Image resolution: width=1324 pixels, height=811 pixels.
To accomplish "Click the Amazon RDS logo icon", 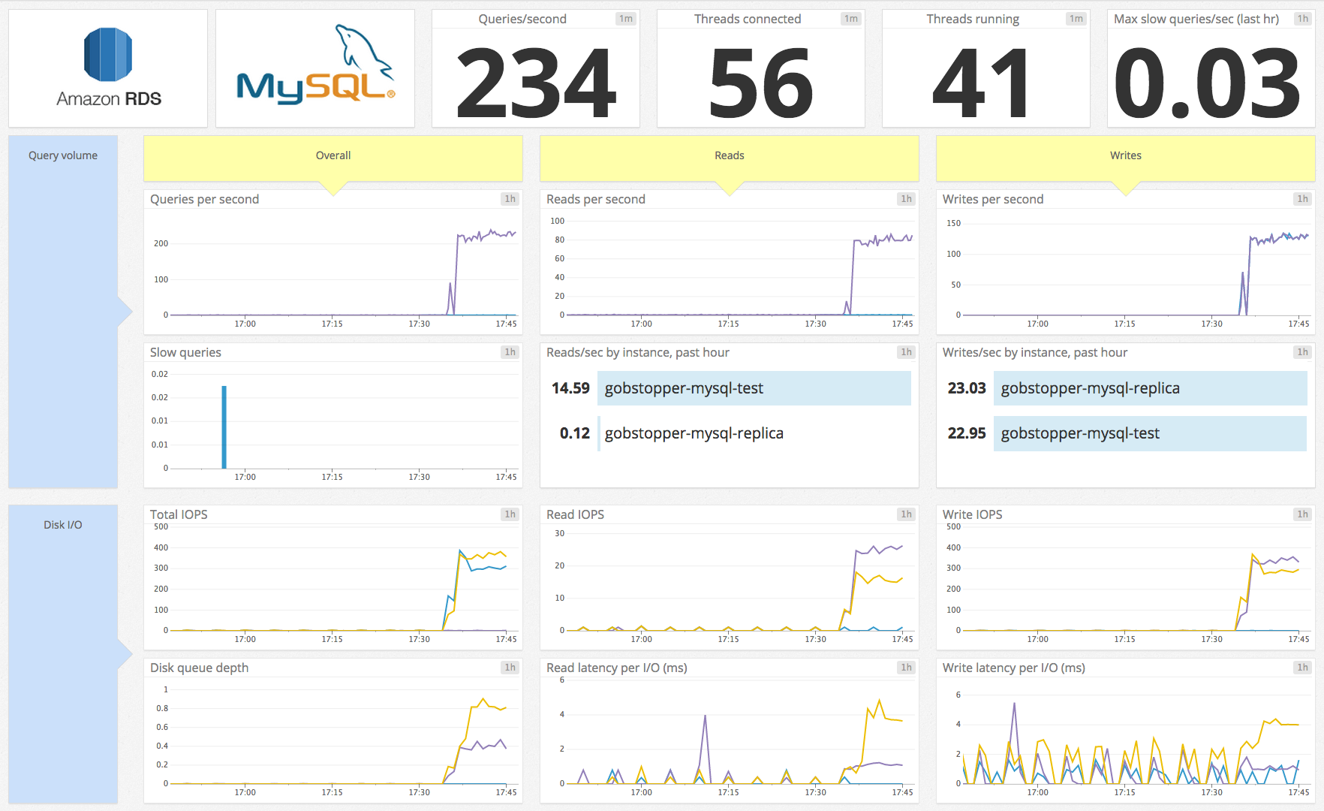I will [108, 55].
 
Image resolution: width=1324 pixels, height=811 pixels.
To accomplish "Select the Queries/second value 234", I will [536, 83].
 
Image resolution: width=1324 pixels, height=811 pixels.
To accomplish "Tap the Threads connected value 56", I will [760, 83].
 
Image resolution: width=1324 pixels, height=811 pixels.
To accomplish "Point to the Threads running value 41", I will [981, 83].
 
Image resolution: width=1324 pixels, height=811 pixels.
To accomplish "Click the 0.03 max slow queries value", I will [1208, 83].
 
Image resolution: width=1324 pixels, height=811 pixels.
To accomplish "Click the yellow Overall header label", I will [333, 155].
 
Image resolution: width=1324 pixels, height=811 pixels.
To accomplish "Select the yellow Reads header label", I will [729, 155].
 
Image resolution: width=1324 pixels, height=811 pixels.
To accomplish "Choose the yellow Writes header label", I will [1125, 155].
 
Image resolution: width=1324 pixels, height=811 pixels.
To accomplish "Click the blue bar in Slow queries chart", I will [224, 428].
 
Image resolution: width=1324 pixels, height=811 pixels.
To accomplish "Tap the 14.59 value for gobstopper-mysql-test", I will [570, 388].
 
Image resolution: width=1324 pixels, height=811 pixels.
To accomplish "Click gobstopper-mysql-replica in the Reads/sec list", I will [694, 433].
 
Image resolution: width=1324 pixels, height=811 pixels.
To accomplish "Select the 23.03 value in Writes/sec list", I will [966, 388].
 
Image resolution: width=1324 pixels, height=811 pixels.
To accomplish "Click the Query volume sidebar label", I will [63, 155].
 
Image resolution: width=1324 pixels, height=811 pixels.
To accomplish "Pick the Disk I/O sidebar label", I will [63, 525].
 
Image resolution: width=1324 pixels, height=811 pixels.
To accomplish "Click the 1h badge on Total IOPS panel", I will [510, 514].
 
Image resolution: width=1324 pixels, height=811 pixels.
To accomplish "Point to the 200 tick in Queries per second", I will [161, 243].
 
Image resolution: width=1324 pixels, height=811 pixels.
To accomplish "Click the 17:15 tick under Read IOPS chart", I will [728, 639].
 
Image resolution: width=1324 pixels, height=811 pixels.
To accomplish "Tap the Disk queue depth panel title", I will [199, 668].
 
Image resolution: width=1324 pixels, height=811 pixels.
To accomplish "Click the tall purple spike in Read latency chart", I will [705, 718].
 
